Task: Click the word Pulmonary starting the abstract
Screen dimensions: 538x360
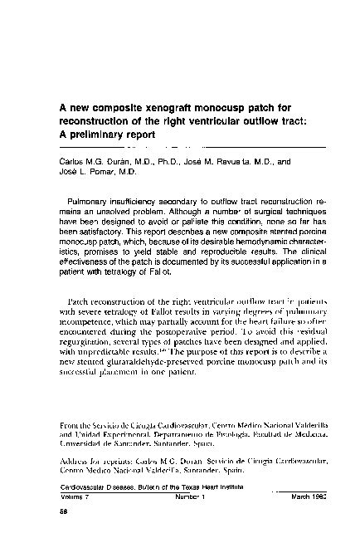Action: point(88,202)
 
